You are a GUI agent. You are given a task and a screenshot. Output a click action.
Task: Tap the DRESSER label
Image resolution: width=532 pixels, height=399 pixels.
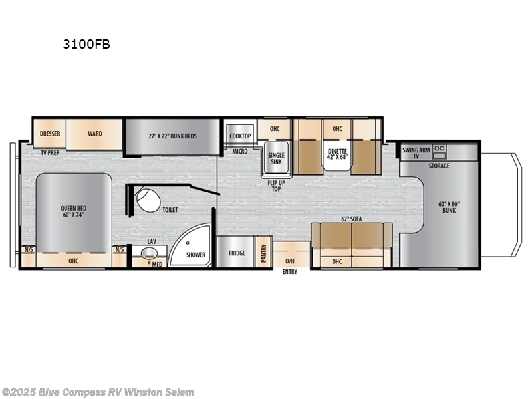tap(50, 133)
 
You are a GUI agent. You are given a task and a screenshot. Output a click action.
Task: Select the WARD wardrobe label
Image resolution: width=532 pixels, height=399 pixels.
tap(95, 133)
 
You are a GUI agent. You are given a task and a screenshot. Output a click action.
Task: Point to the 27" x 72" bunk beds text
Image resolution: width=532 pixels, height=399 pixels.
tap(172, 136)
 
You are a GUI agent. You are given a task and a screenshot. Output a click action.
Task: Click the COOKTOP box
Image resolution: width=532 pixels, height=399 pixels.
tap(240, 136)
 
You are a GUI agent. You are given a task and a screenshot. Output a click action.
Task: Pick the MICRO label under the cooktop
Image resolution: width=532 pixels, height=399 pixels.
tap(240, 152)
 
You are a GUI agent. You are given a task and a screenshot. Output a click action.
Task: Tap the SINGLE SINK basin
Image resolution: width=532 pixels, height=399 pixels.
tap(276, 158)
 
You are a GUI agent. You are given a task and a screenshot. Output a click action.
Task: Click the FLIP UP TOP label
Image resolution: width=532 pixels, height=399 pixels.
tap(276, 185)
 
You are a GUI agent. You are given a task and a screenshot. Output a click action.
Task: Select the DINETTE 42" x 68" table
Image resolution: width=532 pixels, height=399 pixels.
tap(337, 154)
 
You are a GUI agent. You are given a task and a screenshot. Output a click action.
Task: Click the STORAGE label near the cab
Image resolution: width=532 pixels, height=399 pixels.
tap(439, 166)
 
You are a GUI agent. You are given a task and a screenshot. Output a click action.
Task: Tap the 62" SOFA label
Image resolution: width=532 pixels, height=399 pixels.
tap(352, 219)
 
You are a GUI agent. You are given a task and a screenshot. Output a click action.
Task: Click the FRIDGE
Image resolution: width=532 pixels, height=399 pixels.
tap(237, 253)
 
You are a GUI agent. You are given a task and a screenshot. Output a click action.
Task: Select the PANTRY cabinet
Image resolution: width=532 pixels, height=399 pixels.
tap(263, 251)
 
